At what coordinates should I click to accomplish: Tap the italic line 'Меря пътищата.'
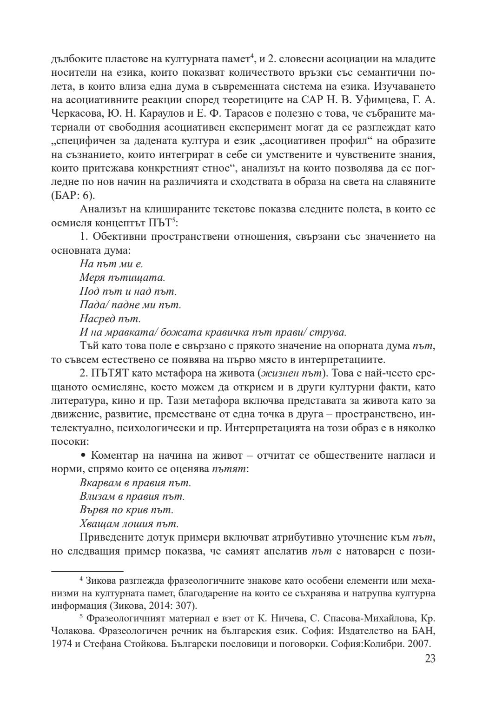pos(122,278)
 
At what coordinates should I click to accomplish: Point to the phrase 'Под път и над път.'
pos(128,291)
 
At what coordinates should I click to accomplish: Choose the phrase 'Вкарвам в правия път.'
pos(135,483)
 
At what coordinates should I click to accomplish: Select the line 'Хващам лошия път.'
pos(129,524)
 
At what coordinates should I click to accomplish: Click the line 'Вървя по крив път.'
pos(126,510)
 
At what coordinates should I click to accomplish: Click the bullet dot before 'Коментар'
pos(84,456)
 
